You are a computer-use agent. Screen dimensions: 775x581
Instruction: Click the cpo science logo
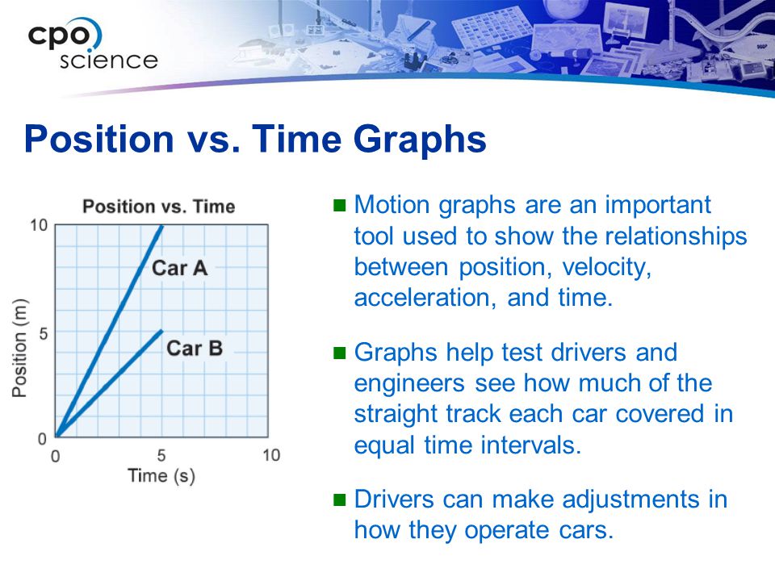92,44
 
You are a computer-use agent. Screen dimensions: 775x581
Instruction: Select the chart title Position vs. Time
159,206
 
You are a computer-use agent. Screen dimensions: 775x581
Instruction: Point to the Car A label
179,268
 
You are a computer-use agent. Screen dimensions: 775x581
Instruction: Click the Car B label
195,349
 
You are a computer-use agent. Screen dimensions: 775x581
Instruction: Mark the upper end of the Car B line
161,331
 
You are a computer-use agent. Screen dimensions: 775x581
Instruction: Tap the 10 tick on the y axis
39,226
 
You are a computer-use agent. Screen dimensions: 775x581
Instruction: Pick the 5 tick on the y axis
44,333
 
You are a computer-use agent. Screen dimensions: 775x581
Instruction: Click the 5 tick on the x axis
161,455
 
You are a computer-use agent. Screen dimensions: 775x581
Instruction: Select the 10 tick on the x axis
271,455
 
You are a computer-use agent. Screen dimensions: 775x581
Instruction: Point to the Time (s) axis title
161,476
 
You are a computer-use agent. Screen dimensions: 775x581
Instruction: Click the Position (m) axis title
19,348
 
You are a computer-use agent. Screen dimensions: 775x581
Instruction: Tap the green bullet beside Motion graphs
340,205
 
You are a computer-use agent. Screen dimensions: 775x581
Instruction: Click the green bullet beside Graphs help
340,353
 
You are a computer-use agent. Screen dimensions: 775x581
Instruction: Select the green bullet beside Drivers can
340,499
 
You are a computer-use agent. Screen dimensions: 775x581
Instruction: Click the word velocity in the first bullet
606,267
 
